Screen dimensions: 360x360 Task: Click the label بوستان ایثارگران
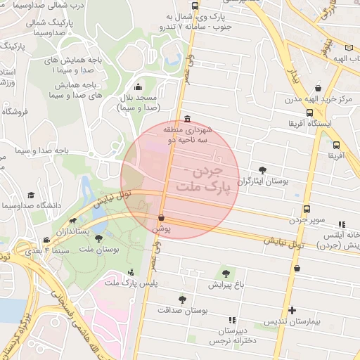click(266, 181)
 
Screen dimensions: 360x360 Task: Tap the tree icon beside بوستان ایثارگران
click(263, 169)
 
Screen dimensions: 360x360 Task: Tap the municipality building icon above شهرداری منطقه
click(186, 119)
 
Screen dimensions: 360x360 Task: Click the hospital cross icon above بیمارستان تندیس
click(292, 310)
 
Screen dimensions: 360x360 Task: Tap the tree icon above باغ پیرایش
click(226, 274)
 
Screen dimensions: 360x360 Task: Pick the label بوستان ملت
click(98, 249)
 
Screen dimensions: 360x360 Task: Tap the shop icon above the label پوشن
click(162, 218)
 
